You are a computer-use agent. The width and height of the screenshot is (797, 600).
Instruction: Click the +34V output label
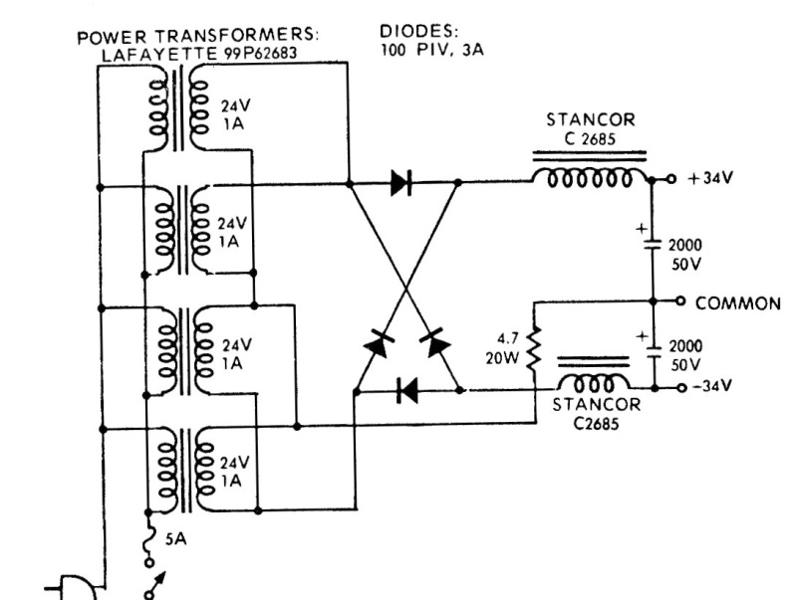click(x=710, y=179)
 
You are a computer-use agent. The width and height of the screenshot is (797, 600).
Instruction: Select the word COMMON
click(x=737, y=303)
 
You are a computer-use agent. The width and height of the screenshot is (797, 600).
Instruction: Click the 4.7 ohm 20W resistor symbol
click(x=535, y=349)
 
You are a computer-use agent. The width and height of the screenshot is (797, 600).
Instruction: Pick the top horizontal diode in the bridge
click(x=401, y=183)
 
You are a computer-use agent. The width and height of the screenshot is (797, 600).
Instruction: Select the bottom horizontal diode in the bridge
click(x=405, y=390)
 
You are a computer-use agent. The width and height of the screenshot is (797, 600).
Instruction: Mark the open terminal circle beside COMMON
click(x=681, y=301)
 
